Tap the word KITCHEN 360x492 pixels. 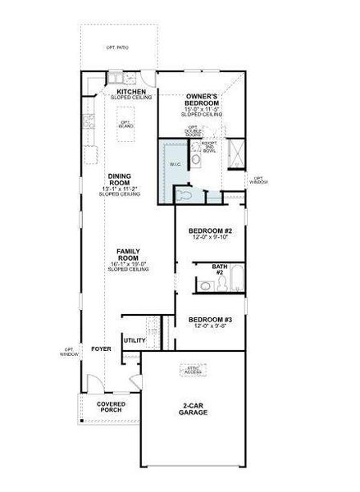130,91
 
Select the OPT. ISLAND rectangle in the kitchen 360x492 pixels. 125,123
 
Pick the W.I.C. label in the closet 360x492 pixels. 175,164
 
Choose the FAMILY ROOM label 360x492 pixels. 127,253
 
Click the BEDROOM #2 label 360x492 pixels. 211,231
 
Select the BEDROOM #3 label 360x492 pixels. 211,320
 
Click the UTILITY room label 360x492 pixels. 134,339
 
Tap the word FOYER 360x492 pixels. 102,348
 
